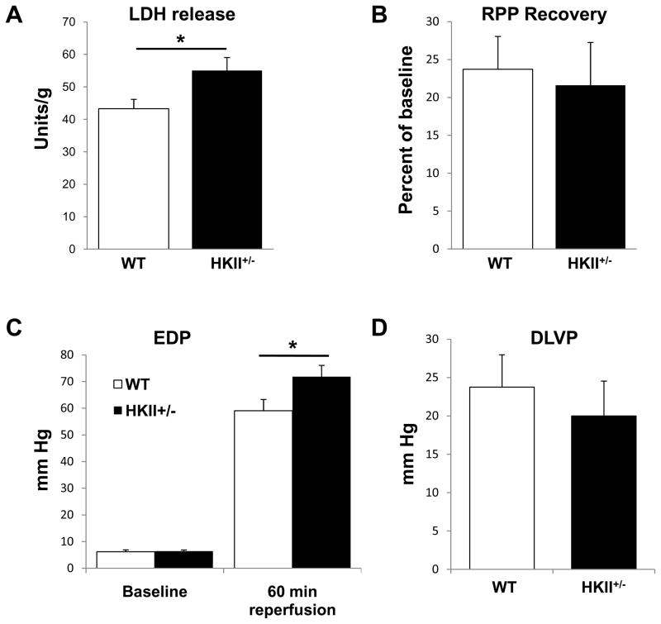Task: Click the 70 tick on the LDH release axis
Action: (75, 23)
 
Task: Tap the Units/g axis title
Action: (38, 136)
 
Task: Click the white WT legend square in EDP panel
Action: (117, 383)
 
